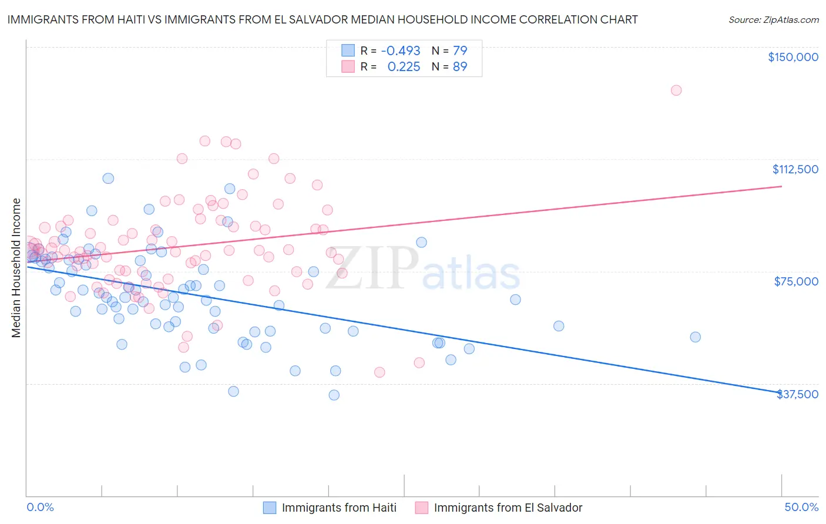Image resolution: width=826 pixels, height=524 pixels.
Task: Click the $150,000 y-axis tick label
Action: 793,57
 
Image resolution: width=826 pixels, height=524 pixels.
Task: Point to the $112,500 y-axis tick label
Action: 795,169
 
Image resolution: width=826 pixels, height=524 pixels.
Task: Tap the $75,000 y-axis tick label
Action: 796,281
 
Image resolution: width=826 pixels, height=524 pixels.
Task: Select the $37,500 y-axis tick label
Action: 797,394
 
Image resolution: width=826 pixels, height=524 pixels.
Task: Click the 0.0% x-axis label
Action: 41,507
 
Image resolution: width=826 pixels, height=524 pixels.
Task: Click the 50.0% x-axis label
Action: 801,507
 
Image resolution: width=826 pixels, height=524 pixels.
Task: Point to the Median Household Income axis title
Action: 16,268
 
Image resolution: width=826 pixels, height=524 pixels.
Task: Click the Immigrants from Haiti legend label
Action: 339,508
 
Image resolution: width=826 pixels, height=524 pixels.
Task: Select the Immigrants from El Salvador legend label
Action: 508,508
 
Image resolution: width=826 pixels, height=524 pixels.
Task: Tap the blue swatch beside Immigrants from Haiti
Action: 270,508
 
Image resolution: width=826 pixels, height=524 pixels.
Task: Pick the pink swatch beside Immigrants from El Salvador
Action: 422,508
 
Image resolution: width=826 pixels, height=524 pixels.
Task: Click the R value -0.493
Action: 401,51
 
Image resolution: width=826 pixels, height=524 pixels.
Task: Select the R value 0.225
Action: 404,67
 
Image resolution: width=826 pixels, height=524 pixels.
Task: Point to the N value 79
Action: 460,51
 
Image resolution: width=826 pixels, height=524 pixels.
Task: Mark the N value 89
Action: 460,67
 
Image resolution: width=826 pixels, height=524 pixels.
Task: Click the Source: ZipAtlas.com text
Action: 773,20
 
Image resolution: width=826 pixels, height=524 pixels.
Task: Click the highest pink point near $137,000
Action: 676,90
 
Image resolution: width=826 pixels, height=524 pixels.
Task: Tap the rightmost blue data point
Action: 696,337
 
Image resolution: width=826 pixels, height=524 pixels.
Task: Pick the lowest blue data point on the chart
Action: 334,395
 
